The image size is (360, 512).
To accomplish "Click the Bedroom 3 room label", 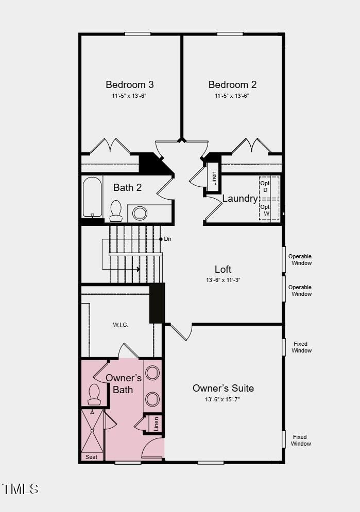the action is (x=130, y=84).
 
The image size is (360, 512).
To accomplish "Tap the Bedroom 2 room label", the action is (x=232, y=84).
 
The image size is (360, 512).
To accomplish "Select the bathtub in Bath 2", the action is (x=93, y=197).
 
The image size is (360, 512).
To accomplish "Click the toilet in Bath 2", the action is (x=116, y=210).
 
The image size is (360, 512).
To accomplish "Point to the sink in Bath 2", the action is (x=140, y=213).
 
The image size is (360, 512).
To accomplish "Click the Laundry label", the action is (x=240, y=198).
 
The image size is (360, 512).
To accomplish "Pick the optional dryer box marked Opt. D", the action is (x=269, y=187).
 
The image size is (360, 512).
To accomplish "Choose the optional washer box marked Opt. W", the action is (x=269, y=209).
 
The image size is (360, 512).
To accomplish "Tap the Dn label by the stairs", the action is (x=167, y=239).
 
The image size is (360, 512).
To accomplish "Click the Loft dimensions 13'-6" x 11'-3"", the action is (x=223, y=280).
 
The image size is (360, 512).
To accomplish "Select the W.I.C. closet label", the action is (x=121, y=325).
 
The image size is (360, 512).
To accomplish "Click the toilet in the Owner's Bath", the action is (x=94, y=395).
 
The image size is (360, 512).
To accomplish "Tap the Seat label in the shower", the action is (x=92, y=457).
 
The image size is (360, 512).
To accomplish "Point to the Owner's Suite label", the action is (x=223, y=388).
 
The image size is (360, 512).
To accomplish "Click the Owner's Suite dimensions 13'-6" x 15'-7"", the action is (x=222, y=399).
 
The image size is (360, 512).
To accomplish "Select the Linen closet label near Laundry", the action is (x=214, y=178).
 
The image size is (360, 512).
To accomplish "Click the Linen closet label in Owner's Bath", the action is (x=156, y=423).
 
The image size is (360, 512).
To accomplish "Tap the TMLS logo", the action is (x=20, y=489).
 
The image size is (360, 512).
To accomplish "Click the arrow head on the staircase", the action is (x=139, y=269).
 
